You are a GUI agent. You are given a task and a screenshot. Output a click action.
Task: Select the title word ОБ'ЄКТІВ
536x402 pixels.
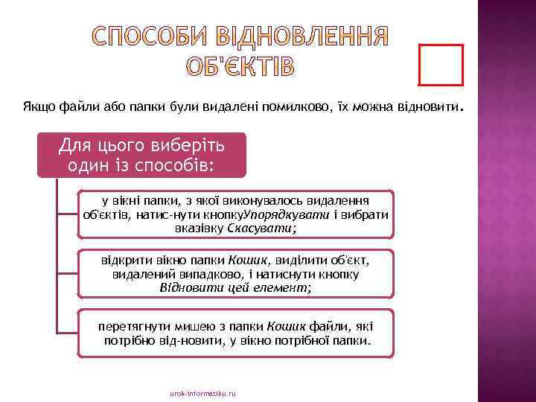(240, 66)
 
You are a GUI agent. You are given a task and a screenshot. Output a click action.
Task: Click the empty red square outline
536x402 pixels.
(441, 65)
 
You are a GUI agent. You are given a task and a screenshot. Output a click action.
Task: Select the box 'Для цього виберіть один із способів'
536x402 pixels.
(141, 154)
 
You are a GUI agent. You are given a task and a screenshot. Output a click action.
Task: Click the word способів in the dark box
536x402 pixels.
(184, 164)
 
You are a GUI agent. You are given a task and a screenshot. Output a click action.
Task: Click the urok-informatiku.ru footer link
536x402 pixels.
(202, 392)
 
